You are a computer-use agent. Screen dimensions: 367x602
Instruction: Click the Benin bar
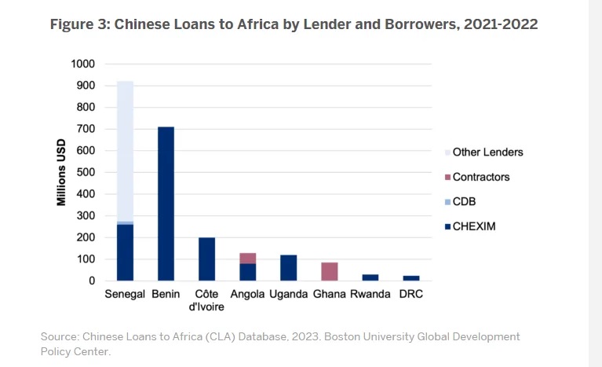click(x=166, y=204)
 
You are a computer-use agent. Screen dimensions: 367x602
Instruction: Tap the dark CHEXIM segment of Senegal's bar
click(x=125, y=252)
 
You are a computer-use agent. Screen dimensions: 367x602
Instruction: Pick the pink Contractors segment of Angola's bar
click(x=247, y=258)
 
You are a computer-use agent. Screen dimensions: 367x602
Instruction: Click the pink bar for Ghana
click(x=329, y=271)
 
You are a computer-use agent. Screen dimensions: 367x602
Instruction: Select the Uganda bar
click(x=288, y=267)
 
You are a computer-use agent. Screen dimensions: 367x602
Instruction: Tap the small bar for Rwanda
click(x=370, y=277)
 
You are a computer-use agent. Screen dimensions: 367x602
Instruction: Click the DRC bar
click(x=410, y=278)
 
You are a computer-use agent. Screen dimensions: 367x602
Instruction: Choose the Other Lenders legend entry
click(x=487, y=152)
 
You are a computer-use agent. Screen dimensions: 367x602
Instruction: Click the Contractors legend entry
click(x=481, y=177)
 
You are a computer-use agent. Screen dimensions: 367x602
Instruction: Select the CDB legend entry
click(x=464, y=202)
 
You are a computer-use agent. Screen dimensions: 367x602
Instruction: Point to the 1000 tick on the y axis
click(x=82, y=64)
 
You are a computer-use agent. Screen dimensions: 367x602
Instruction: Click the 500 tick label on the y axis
click(x=86, y=172)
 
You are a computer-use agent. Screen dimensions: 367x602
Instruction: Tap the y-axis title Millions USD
click(x=60, y=173)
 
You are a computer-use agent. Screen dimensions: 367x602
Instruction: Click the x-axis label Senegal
click(x=125, y=295)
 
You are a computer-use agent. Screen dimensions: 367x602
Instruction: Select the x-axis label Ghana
click(x=329, y=295)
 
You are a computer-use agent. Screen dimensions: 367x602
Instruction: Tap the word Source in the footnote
click(x=60, y=336)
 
